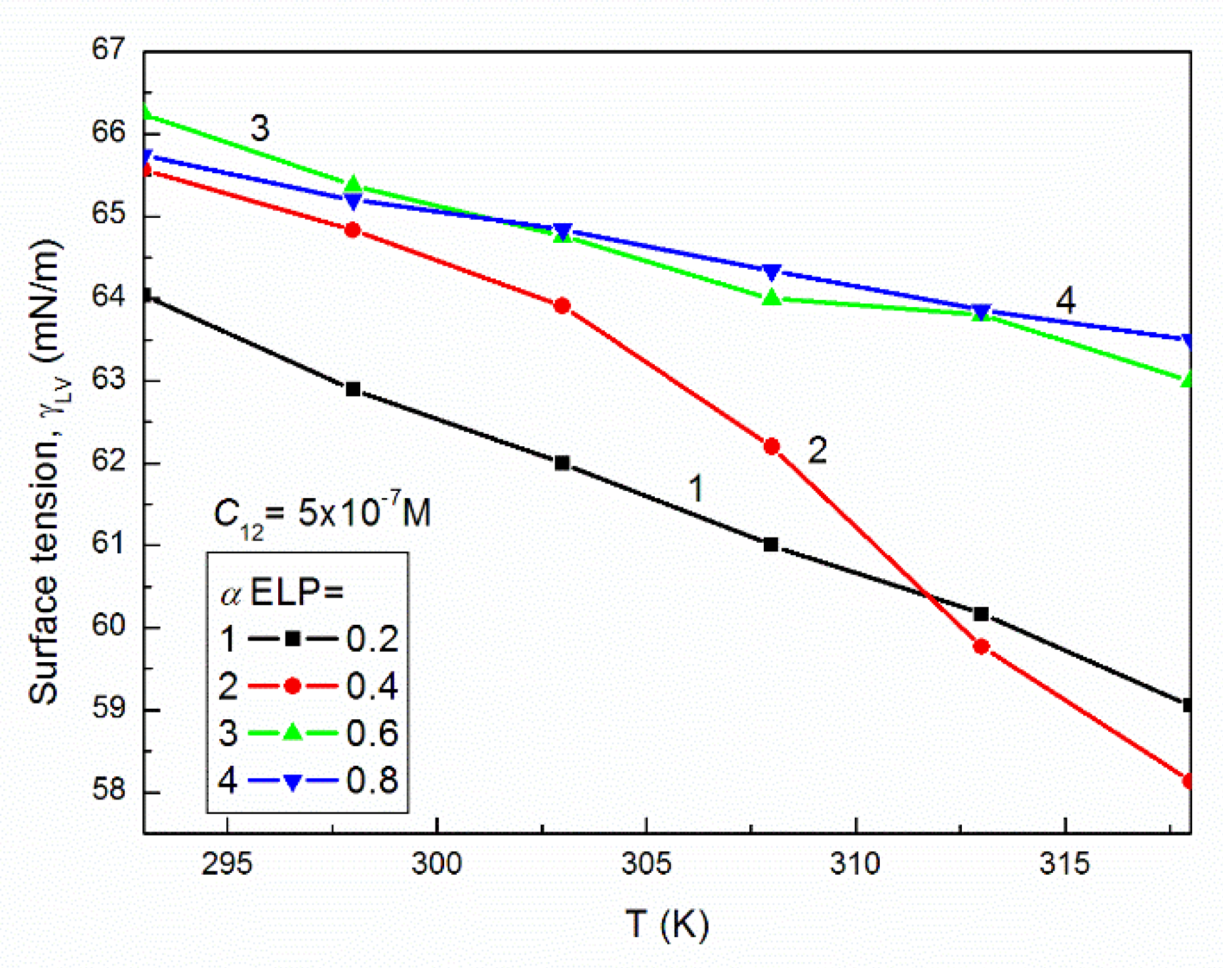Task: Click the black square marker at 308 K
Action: pos(771,545)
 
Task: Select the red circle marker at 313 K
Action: pos(981,646)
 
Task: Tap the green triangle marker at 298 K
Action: pos(354,184)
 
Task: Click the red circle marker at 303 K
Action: pos(562,306)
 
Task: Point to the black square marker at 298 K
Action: pos(353,389)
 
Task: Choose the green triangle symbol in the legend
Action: pos(293,732)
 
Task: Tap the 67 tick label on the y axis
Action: pos(108,50)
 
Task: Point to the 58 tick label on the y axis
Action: pos(108,790)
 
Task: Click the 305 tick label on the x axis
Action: pos(646,864)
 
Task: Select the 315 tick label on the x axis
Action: pos(1064,864)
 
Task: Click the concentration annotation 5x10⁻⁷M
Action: pos(322,514)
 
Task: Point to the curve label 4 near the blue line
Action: pos(1065,301)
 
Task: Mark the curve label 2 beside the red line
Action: pos(816,451)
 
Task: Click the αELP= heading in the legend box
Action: pos(282,593)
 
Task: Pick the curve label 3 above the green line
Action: pos(260,128)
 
